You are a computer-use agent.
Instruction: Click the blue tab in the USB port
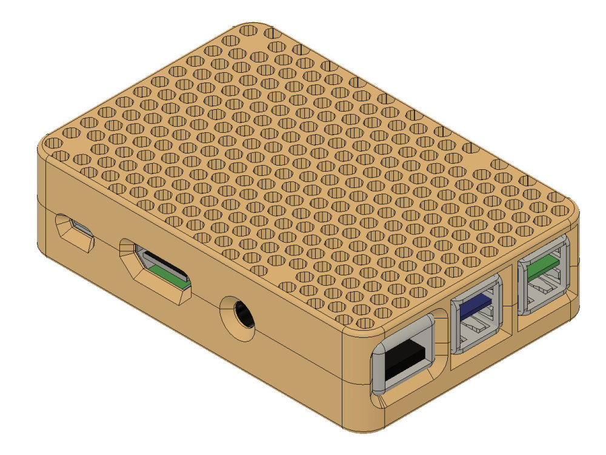click(477, 303)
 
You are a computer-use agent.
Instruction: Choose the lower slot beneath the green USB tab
click(544, 294)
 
